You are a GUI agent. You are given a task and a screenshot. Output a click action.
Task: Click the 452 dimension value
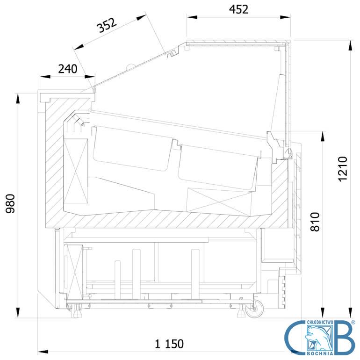[238, 9]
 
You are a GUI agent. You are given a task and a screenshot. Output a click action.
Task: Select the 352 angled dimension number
[107, 25]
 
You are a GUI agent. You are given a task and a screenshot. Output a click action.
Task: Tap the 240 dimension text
[67, 69]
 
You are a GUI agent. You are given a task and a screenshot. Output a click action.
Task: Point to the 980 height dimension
[10, 204]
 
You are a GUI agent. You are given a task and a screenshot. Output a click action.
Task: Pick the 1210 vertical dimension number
[343, 169]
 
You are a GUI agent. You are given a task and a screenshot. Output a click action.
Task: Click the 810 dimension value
[315, 222]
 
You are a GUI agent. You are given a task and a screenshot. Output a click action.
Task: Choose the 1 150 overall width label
[169, 344]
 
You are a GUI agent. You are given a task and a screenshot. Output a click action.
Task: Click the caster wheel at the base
[255, 309]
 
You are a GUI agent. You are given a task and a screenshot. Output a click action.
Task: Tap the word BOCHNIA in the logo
[320, 353]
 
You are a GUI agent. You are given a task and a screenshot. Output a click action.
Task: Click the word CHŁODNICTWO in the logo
[320, 322]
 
